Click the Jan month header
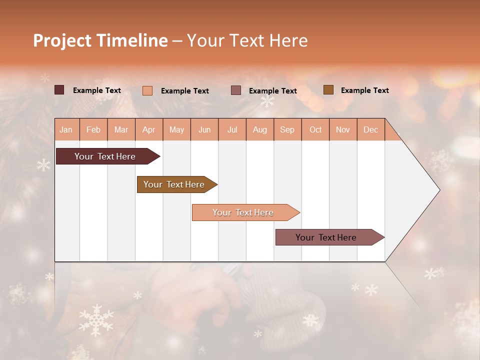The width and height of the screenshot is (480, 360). [x=66, y=129]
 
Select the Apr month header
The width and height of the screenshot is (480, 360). [x=148, y=129]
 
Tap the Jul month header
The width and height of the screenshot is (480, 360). [x=232, y=129]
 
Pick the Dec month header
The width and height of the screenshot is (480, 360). [x=370, y=129]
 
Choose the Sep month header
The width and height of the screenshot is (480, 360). [x=287, y=129]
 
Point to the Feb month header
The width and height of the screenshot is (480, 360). [x=93, y=129]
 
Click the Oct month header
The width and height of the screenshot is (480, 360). [x=315, y=129]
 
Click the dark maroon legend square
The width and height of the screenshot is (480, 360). [x=59, y=90]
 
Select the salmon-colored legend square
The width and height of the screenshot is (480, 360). [x=147, y=90]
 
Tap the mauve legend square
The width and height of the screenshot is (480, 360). [x=236, y=90]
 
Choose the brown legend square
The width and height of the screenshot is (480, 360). [x=328, y=90]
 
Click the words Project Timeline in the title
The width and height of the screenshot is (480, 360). [x=100, y=40]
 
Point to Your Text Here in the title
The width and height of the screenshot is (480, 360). [x=247, y=40]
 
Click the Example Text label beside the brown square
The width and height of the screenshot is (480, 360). [x=364, y=90]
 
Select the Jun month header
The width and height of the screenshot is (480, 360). [x=204, y=129]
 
